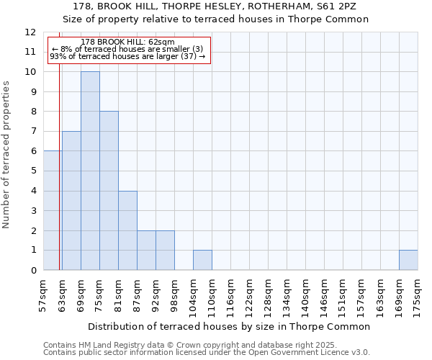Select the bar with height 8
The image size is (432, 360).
[109, 191]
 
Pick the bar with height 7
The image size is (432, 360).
[71, 201]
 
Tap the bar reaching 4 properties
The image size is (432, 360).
[127, 230]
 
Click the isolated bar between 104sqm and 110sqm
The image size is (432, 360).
[202, 260]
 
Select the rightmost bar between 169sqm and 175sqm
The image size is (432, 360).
[408, 260]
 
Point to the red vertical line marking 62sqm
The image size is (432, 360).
[59, 180]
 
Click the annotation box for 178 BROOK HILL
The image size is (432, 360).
[129, 50]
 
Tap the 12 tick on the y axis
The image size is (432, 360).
[30, 32]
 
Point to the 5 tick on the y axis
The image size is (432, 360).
[33, 171]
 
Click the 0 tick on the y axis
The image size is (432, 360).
[33, 271]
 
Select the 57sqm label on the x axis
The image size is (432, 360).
[43, 295]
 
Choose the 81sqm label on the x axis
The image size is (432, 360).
[118, 295]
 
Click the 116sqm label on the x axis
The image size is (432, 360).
[230, 295]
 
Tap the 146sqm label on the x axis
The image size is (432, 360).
[324, 295]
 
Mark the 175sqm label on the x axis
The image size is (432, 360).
[418, 295]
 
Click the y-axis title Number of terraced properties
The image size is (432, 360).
[7, 154]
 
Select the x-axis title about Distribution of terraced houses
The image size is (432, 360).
[230, 326]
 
